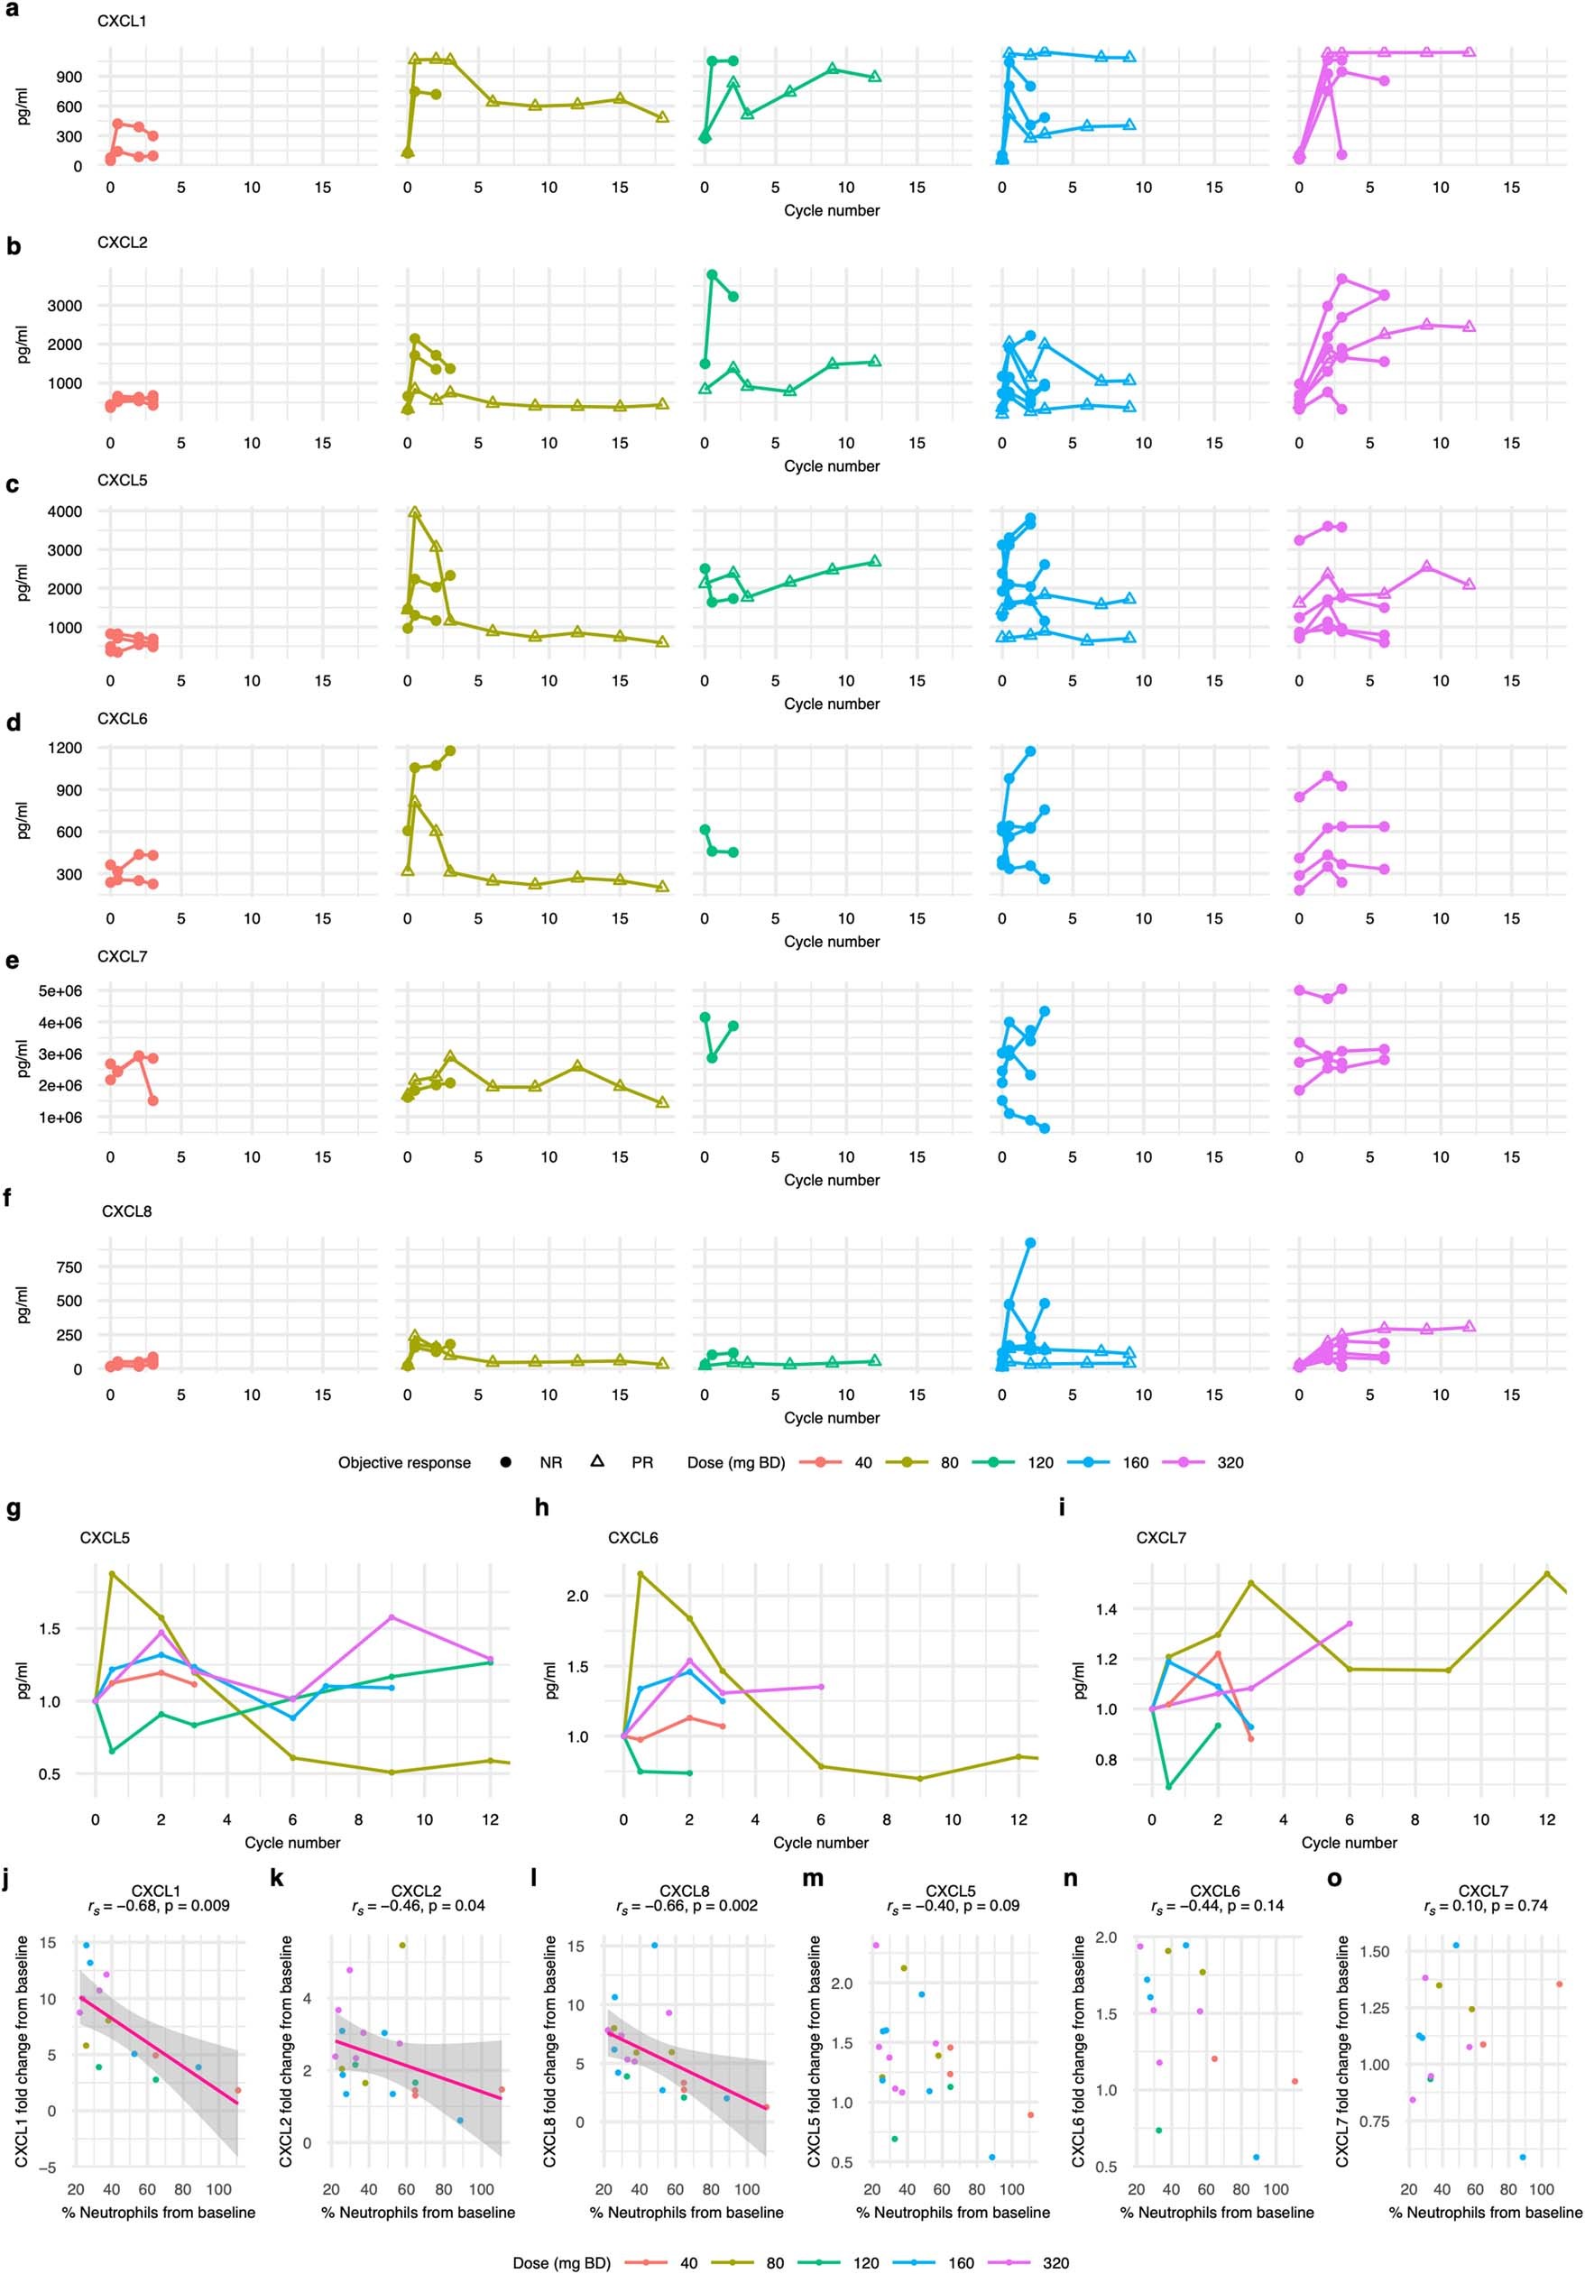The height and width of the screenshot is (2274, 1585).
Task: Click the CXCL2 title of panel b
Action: tap(122, 243)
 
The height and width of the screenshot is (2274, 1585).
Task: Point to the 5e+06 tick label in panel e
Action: tap(61, 990)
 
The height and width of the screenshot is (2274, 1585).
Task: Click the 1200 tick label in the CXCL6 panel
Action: tap(63, 747)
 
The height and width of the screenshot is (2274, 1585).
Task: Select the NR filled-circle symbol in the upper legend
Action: tap(505, 1462)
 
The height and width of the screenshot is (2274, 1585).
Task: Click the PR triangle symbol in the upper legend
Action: tap(597, 1462)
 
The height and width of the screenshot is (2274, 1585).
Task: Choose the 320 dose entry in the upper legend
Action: tap(1230, 1463)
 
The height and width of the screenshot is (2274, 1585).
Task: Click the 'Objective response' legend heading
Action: tap(404, 1463)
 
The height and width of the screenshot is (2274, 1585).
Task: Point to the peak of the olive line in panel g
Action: tap(112, 1573)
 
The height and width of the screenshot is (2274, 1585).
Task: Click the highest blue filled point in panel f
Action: tap(1030, 1242)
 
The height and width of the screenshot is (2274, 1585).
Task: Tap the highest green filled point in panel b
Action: tap(711, 274)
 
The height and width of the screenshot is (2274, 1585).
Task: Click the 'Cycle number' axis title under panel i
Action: tap(1349, 1842)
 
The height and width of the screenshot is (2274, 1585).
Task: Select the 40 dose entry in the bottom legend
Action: tap(688, 2262)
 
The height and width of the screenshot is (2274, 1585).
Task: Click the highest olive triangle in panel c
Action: tap(414, 513)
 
